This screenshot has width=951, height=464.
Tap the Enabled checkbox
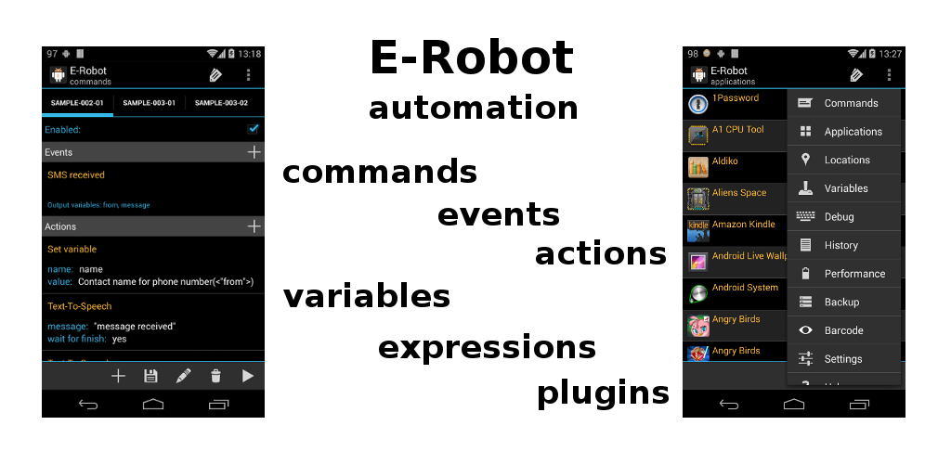(253, 129)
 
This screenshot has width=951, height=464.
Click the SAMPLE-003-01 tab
(150, 103)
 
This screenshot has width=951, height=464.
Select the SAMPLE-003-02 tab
(221, 103)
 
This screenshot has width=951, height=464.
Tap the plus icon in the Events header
(254, 152)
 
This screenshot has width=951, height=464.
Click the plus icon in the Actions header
(254, 226)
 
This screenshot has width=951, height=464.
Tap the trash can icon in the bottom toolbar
(215, 376)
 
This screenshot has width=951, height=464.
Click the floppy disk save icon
(150, 376)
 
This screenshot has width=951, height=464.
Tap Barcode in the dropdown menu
(843, 330)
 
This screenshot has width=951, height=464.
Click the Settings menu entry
(843, 359)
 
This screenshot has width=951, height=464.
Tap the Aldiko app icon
(698, 167)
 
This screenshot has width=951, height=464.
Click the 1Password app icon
(698, 104)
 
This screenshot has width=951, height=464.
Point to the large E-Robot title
(472, 58)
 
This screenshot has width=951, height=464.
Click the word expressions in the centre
(487, 347)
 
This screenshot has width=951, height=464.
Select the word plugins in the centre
(603, 393)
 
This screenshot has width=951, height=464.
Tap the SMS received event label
(76, 174)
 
